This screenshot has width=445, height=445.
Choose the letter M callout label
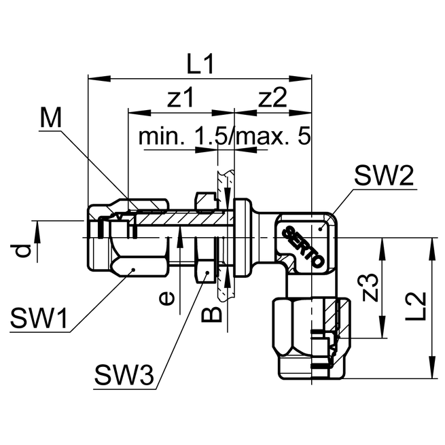[x=50, y=118]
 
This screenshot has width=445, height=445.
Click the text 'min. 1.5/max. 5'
[x=224, y=137]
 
